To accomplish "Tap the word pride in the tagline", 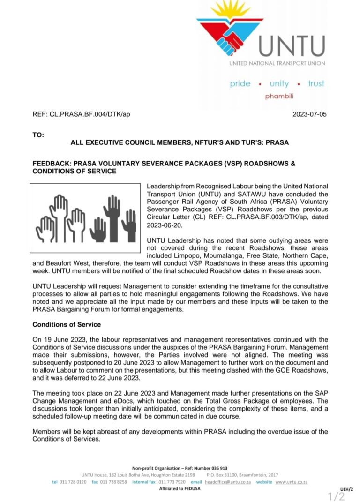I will (x=240, y=84).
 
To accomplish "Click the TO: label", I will (x=38, y=135).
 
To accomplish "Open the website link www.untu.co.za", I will (x=291, y=482).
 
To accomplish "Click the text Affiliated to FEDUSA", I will (x=180, y=488).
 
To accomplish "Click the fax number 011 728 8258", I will (x=113, y=482).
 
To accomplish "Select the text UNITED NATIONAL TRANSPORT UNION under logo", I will (x=277, y=63).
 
